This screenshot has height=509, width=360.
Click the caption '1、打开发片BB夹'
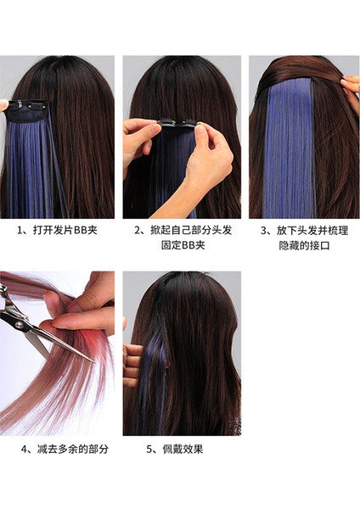coord(57,230)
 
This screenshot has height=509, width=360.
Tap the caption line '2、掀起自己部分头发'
coord(183,230)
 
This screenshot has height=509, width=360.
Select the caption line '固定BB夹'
coord(183,245)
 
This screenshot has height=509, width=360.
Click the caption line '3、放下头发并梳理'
coord(304,231)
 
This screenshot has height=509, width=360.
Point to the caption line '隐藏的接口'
coord(304,246)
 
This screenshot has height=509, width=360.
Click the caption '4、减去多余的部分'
coord(65,450)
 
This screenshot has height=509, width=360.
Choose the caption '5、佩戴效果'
coord(175,450)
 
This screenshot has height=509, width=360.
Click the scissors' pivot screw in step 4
coord(20,325)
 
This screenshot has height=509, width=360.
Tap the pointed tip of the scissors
coord(94,362)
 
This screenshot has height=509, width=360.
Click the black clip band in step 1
coord(28,110)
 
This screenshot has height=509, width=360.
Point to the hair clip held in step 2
coord(177,123)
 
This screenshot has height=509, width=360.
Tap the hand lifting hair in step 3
coord(351,85)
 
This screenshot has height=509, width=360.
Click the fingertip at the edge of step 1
coord(4,105)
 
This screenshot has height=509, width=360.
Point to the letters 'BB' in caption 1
coord(81,231)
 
